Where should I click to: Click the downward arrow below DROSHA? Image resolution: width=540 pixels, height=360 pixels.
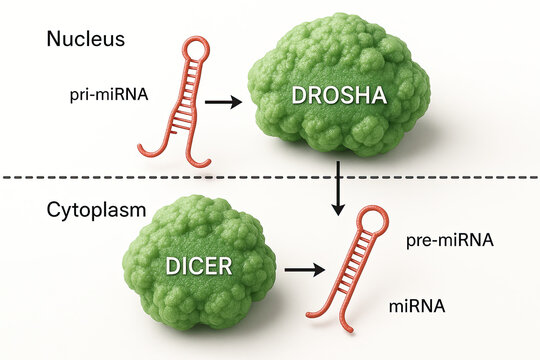click(x=339, y=190)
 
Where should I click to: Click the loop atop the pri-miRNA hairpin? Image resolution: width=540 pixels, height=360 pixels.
click(x=194, y=47)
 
